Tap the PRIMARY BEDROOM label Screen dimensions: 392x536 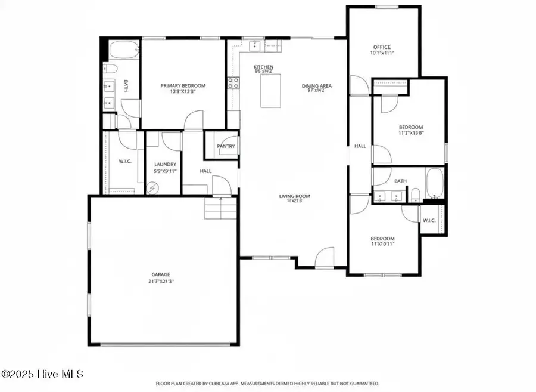[x=183, y=85]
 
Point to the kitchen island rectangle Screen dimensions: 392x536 [x=271, y=91]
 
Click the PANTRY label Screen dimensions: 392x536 [x=226, y=146]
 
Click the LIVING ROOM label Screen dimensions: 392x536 [x=295, y=196]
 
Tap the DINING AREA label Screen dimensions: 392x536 [x=316, y=86]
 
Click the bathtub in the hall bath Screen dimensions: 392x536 [x=435, y=183]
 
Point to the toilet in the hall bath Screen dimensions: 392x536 [x=416, y=192]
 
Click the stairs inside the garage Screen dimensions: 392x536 [x=222, y=209]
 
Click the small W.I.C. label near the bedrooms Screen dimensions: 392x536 [x=429, y=220]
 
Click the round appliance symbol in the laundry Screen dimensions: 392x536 [x=152, y=187]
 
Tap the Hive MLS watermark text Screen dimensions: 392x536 [x=43, y=374]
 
